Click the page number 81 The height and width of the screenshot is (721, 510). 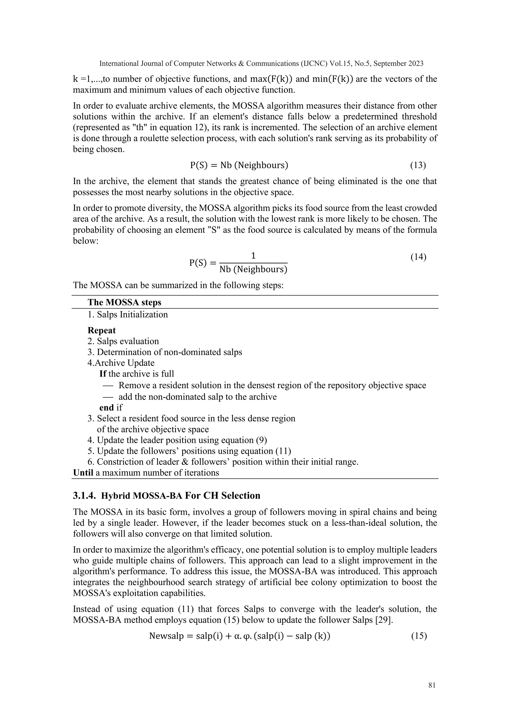(x=432, y=685)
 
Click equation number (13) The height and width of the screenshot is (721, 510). (x=418, y=165)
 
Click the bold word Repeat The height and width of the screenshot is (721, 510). (x=101, y=330)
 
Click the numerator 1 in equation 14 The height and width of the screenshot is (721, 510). (x=253, y=256)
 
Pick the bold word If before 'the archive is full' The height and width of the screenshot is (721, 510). (x=103, y=374)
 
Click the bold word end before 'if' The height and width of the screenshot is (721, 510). (x=107, y=407)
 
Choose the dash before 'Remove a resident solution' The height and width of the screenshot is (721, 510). (x=108, y=386)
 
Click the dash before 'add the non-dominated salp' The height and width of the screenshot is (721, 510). (x=108, y=397)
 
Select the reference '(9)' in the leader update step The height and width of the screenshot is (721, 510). (x=261, y=440)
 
